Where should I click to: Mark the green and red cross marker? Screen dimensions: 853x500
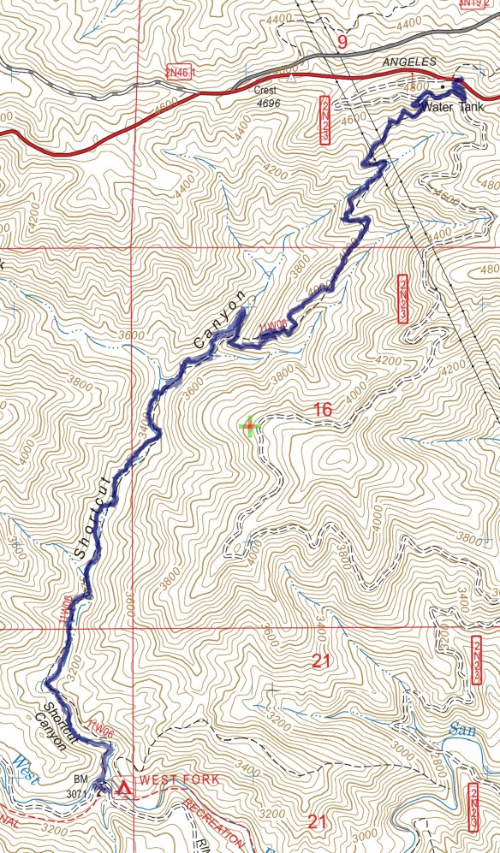(x=249, y=426)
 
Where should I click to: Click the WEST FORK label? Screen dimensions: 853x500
(x=180, y=779)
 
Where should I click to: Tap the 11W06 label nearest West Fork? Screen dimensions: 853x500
(x=100, y=733)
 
